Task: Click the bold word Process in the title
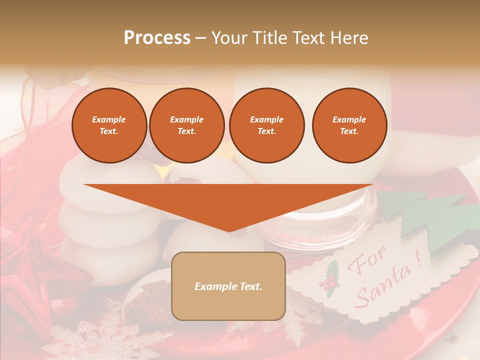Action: [x=157, y=37]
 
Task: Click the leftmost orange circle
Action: [x=109, y=125]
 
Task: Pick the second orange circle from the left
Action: [x=186, y=125]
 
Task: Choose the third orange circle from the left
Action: [x=266, y=125]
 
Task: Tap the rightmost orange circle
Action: [x=349, y=125]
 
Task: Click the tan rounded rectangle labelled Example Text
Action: [x=228, y=286]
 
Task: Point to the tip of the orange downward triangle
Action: [x=228, y=230]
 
